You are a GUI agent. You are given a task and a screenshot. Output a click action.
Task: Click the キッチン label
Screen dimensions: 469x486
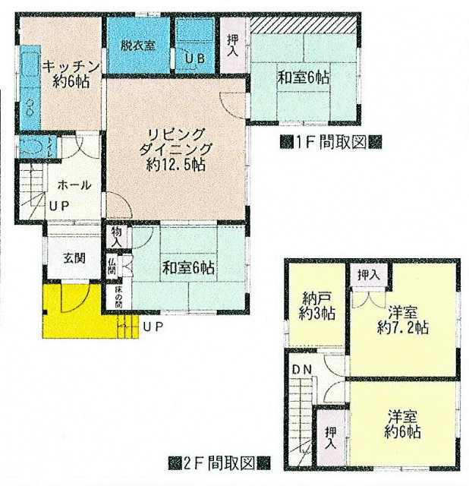click(x=71, y=67)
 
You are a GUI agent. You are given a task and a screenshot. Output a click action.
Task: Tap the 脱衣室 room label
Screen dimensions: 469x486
click(x=138, y=46)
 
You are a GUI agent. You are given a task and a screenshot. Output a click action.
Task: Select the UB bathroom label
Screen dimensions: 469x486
click(x=195, y=58)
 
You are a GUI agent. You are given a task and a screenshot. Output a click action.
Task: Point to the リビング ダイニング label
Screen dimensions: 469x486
click(x=175, y=142)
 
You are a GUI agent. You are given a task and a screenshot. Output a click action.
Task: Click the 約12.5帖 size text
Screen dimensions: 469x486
click(x=176, y=165)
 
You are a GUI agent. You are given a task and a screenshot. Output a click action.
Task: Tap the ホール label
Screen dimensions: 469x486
click(x=74, y=185)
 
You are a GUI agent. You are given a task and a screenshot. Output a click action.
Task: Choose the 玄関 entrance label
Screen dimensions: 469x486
click(x=74, y=257)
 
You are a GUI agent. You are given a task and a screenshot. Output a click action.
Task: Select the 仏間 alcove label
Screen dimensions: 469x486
click(x=112, y=267)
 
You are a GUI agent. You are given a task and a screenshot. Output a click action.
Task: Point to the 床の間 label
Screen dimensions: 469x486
click(x=118, y=297)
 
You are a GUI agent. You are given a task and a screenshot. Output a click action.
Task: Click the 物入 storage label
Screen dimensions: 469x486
click(x=116, y=237)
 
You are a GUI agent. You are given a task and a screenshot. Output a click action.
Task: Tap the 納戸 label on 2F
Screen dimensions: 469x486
click(x=316, y=298)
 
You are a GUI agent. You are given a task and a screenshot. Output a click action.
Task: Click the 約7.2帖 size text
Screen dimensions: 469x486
click(x=403, y=327)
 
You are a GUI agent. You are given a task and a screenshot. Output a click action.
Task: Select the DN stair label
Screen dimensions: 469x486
click(x=302, y=370)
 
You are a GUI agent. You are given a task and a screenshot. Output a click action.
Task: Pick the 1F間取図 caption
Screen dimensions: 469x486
click(x=331, y=143)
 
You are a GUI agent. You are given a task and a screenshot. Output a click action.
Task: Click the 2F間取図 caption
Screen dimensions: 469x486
click(x=219, y=463)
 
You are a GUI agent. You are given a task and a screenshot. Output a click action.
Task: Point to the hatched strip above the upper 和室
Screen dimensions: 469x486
click(x=304, y=24)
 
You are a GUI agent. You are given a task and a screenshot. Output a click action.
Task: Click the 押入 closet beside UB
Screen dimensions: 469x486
click(x=233, y=46)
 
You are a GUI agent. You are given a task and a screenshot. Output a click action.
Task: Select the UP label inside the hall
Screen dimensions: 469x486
click(x=59, y=206)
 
